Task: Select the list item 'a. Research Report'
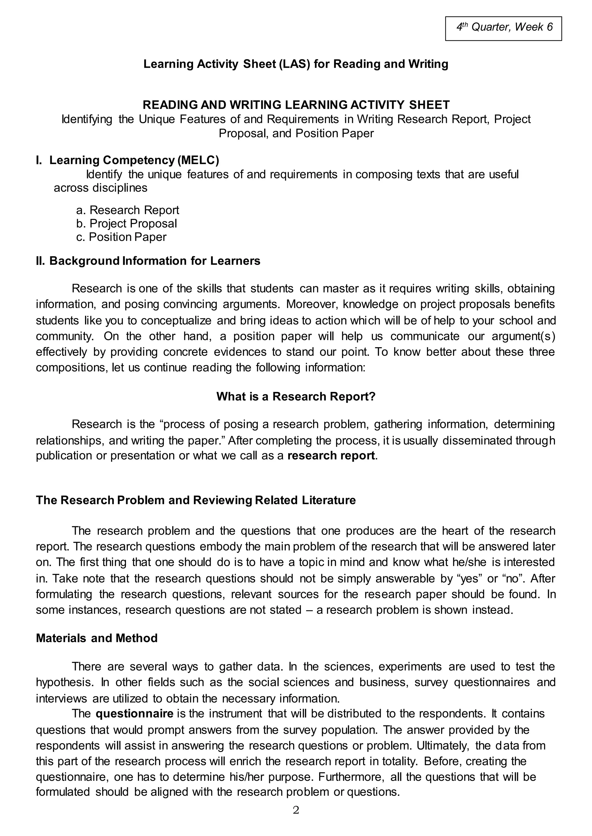[x=127, y=210]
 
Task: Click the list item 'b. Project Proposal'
[x=127, y=223]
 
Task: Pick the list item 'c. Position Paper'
[x=121, y=237]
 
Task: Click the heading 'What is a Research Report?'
[x=296, y=396]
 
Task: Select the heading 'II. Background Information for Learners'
[x=148, y=261]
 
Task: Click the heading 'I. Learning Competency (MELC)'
[x=127, y=160]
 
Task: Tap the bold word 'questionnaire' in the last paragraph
[x=134, y=713]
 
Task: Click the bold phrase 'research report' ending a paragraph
[x=331, y=456]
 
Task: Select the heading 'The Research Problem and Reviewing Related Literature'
[x=196, y=500]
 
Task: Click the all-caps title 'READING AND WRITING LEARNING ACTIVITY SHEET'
[x=296, y=105]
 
